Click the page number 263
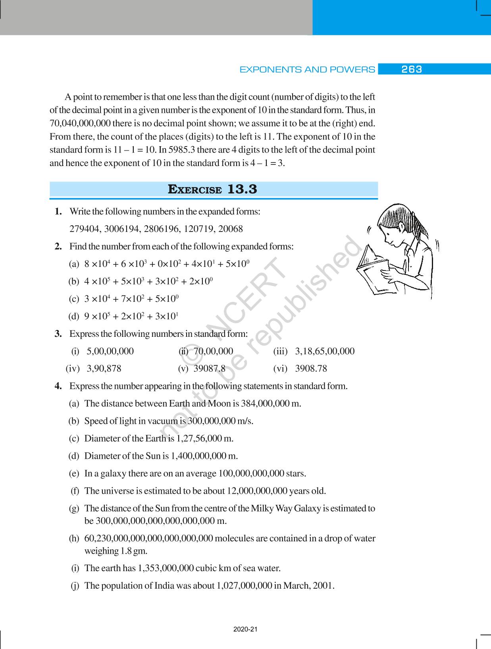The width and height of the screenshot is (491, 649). pos(411,70)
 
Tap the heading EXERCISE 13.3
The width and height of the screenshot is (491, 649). pos(213,189)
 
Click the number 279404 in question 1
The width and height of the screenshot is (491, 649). pos(85,229)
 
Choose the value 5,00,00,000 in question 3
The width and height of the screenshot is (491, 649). pos(110,351)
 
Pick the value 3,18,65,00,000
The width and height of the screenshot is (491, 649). pos(325,351)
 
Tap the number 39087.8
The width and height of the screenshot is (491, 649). pos(209,369)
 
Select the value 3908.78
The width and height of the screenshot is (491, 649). pos(311,369)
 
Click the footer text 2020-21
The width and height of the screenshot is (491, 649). pos(245,630)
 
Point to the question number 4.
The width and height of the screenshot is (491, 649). pos(58,386)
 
